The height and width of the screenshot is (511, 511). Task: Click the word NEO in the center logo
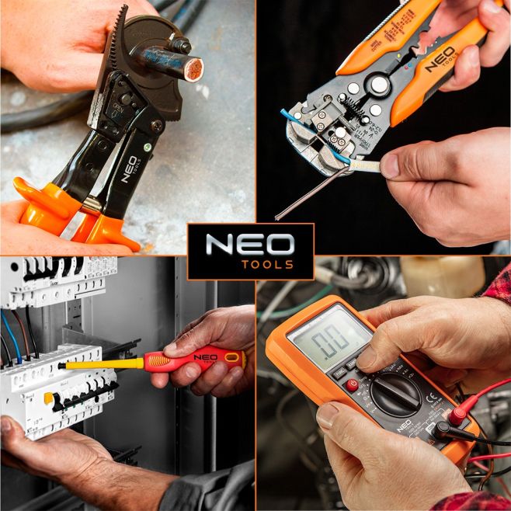(x=250, y=245)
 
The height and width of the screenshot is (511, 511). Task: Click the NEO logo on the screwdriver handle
(x=205, y=358)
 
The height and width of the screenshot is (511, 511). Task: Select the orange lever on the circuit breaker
(x=48, y=398)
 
